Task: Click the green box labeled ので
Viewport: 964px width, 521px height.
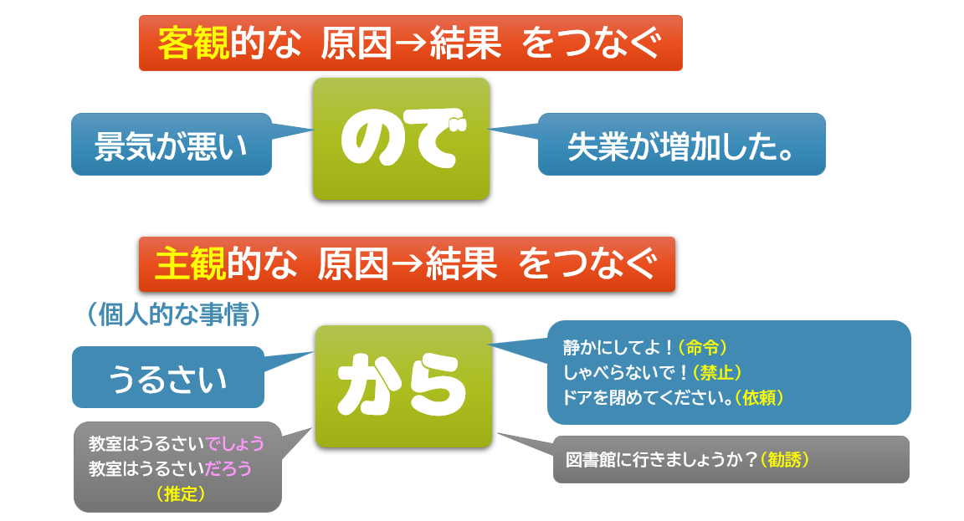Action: pyautogui.click(x=401, y=139)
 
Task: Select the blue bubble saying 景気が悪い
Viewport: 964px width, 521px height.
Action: pyautogui.click(x=172, y=145)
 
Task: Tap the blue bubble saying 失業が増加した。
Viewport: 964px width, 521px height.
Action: pyautogui.click(x=681, y=145)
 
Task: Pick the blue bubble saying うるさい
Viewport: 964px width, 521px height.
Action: pyautogui.click(x=168, y=378)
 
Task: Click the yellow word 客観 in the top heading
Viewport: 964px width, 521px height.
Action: pyautogui.click(x=193, y=43)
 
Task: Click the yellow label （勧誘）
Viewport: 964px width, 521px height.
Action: pyautogui.click(x=786, y=460)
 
